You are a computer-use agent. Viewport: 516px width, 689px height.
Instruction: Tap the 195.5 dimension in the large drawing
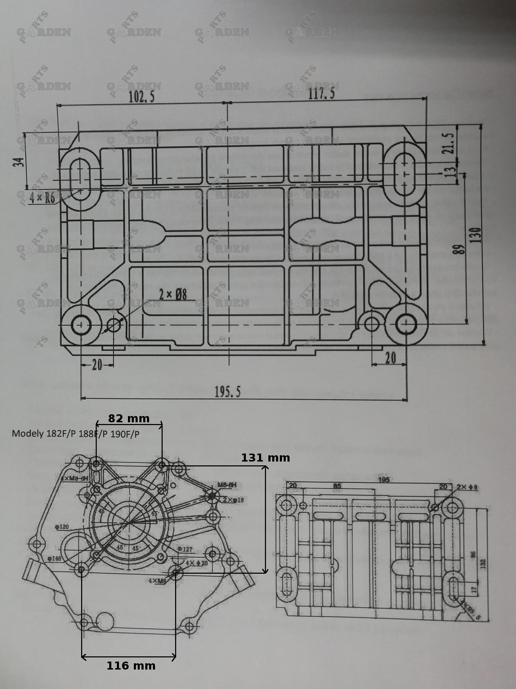[x=227, y=392]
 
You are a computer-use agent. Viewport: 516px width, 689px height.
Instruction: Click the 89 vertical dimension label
[x=460, y=249]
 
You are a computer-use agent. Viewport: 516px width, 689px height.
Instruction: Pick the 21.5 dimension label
[x=449, y=143]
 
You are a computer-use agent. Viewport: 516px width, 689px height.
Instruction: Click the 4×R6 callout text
[x=42, y=198]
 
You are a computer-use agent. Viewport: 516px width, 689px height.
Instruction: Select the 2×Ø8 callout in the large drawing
[x=173, y=295]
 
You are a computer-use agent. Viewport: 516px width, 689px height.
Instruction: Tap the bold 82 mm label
[x=129, y=418]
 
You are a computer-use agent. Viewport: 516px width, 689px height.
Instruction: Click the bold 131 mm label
[x=266, y=458]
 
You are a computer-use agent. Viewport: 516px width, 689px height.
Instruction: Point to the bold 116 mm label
[x=131, y=666]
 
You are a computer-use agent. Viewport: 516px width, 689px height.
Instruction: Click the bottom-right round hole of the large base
[x=406, y=324]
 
